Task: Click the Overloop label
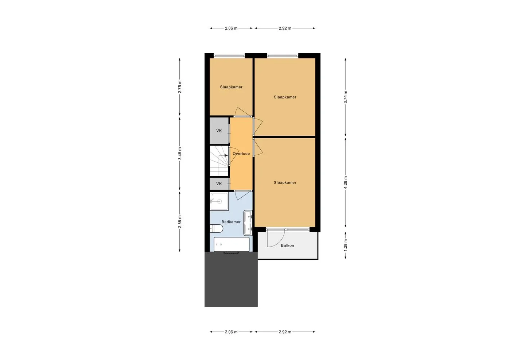coord(241,154)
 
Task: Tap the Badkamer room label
coord(231,222)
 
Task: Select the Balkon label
coord(287,245)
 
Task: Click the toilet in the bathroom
coord(216,228)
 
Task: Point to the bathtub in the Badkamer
coord(232,244)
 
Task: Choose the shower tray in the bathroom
coord(219,201)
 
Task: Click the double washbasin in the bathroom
coord(248,223)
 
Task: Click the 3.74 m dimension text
coord(345,97)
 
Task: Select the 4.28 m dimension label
coord(345,182)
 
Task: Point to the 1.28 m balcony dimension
coord(345,245)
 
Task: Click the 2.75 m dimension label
coord(180,87)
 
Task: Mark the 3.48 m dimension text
coord(180,154)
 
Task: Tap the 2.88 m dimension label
coord(180,222)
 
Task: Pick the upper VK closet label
coord(219,131)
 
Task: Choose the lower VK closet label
coord(219,183)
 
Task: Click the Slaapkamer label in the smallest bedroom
coord(231,87)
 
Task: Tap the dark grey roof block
coord(231,279)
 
